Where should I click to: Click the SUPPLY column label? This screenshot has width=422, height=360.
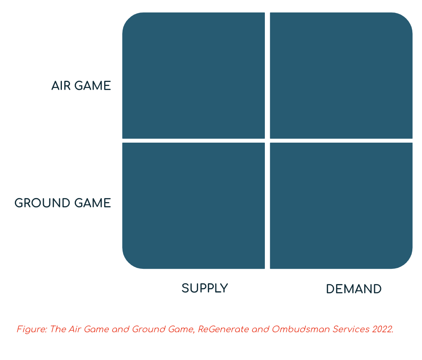(205, 288)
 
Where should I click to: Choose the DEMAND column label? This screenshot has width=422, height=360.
(354, 289)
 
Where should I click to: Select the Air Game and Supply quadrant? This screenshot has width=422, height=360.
(193, 76)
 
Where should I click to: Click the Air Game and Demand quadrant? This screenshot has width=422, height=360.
(341, 76)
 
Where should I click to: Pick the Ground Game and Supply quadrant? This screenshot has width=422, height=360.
(193, 205)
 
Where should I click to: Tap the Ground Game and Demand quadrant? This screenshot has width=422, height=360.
(341, 205)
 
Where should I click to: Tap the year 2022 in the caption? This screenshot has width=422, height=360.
(382, 329)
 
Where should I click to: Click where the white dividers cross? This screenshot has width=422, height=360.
(267, 140)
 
